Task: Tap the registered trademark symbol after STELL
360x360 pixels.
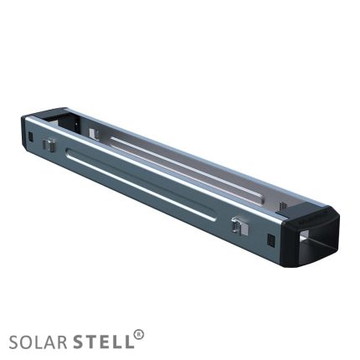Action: pyautogui.click(x=139, y=334)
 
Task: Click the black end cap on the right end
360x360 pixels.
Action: pyautogui.click(x=311, y=236)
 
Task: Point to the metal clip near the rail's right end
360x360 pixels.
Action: pyautogui.click(x=239, y=226)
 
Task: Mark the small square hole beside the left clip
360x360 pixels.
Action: pyautogui.click(x=31, y=136)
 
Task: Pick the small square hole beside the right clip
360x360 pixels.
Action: pyautogui.click(x=270, y=239)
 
